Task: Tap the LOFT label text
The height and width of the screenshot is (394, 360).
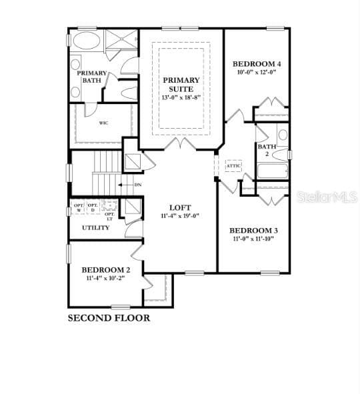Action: click(180, 207)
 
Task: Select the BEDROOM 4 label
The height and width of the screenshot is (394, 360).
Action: click(257, 64)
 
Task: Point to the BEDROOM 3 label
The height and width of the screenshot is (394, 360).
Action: click(255, 230)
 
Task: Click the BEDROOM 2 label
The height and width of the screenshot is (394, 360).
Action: click(106, 270)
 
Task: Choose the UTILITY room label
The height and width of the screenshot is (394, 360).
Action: click(96, 228)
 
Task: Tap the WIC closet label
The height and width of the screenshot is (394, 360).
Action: click(104, 123)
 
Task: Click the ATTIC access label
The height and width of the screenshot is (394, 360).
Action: click(233, 165)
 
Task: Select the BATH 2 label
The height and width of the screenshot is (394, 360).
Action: click(267, 150)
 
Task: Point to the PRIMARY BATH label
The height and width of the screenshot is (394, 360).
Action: click(91, 77)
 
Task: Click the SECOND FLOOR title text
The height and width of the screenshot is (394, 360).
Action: click(109, 318)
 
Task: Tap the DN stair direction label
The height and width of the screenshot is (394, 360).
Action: click(138, 185)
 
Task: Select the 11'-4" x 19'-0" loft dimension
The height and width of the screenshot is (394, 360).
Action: click(180, 216)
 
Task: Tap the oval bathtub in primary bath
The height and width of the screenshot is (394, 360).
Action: click(85, 41)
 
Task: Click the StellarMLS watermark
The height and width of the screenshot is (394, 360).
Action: click(327, 197)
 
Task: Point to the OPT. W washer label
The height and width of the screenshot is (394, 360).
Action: click(79, 207)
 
